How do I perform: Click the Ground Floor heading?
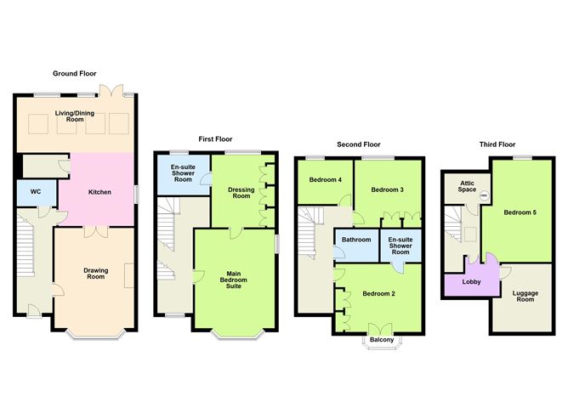click(x=75, y=73)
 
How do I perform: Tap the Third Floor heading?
click(x=497, y=144)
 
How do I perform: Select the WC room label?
click(x=36, y=192)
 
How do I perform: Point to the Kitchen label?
click(x=99, y=192)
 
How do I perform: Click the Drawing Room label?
click(x=96, y=274)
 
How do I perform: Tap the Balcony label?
click(x=382, y=340)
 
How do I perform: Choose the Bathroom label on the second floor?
click(x=356, y=240)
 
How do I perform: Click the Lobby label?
click(x=471, y=281)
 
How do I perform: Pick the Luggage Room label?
click(x=525, y=296)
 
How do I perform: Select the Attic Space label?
click(x=467, y=186)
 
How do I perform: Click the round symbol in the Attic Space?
click(x=485, y=195)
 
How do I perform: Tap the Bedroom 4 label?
click(x=326, y=179)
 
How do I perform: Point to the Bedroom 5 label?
click(x=520, y=212)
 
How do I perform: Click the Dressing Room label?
click(x=241, y=193)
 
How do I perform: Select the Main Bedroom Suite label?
click(x=234, y=280)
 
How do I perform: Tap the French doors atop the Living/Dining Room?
click(x=111, y=90)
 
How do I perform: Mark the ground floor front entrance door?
click(x=34, y=310)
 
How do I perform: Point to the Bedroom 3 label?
click(x=387, y=190)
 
